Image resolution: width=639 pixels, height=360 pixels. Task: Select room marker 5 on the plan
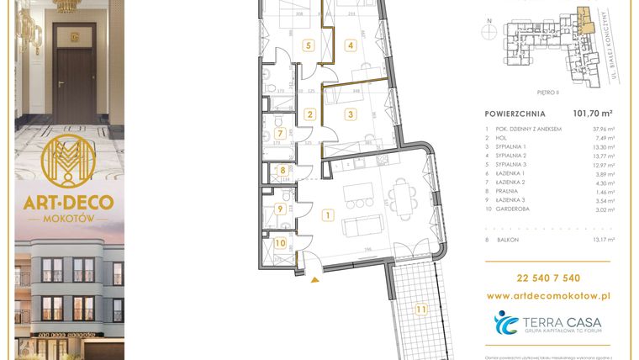(309, 45)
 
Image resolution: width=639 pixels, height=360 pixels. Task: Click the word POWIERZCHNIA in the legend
(515, 114)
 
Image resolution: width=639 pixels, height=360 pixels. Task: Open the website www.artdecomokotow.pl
(548, 296)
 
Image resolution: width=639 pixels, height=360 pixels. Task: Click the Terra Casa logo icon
(508, 323)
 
